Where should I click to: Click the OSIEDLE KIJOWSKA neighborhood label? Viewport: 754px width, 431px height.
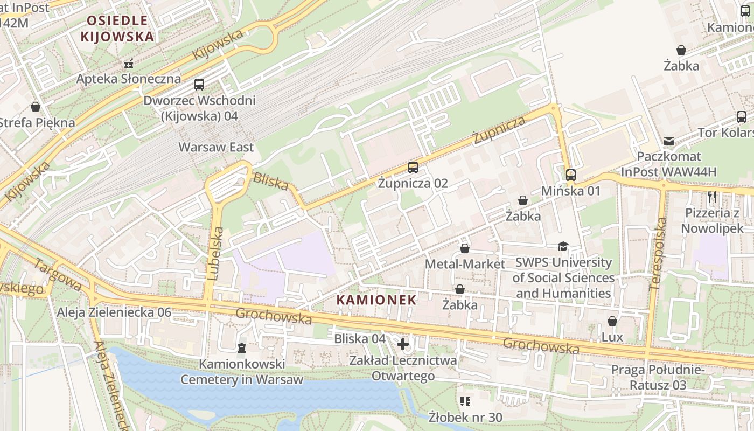[x=117, y=29]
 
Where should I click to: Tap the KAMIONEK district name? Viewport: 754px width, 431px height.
[x=376, y=300]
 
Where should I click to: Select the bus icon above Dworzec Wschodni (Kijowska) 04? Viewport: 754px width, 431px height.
[x=199, y=85]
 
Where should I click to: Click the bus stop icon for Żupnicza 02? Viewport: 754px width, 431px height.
[x=413, y=168]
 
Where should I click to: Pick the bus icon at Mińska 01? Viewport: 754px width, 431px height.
[x=571, y=175]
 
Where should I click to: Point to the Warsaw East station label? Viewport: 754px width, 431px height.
[x=216, y=147]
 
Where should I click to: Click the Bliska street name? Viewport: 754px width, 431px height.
[x=271, y=182]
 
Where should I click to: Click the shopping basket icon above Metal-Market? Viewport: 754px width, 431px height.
[x=465, y=248]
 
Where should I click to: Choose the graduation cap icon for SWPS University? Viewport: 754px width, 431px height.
[x=563, y=247]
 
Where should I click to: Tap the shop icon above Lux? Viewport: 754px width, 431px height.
[x=612, y=322]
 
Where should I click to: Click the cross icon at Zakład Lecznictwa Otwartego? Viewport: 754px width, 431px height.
[x=403, y=344]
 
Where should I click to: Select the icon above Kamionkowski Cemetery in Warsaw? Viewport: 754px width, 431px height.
[x=241, y=348]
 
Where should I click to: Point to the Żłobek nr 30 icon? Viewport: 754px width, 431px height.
[x=465, y=401]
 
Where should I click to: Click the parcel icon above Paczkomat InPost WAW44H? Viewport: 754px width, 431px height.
[x=668, y=141]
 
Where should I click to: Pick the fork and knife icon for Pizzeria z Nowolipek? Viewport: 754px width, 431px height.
[x=712, y=197]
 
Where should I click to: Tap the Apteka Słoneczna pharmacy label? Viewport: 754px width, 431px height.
[x=129, y=79]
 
